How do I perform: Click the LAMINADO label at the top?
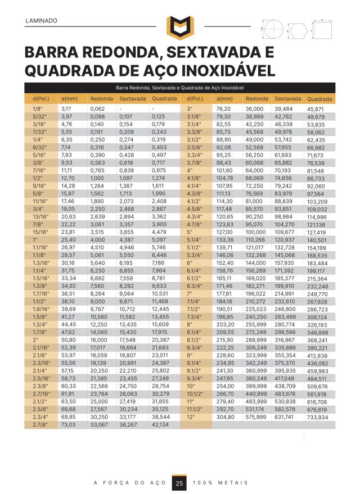[x=42, y=21]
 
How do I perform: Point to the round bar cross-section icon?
[x=273, y=29]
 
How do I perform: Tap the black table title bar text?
[x=179, y=88]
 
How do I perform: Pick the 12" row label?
[x=191, y=417]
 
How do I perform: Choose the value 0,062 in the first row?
[x=97, y=108]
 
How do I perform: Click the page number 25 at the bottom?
[x=179, y=483]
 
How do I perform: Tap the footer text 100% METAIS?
[x=220, y=483]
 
